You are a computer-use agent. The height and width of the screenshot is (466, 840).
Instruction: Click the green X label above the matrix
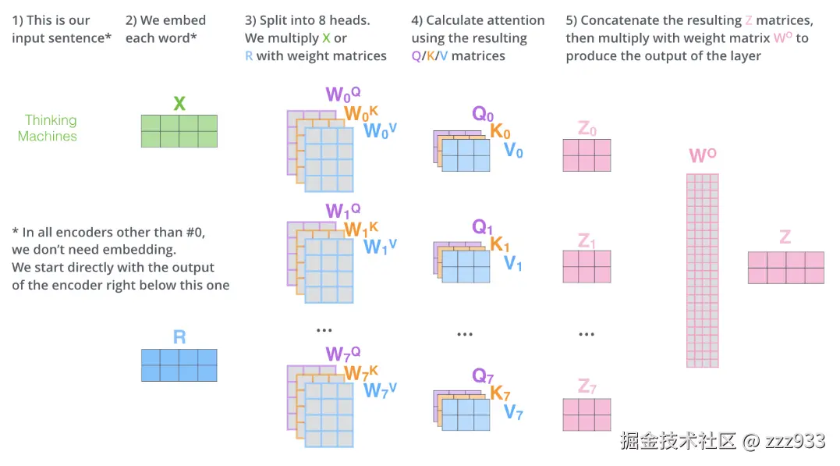point(179,103)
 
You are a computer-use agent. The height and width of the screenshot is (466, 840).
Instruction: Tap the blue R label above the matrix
point(179,337)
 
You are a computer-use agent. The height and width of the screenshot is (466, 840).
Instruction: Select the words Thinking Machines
point(48,128)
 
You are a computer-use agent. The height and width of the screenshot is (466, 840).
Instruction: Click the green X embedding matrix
point(179,131)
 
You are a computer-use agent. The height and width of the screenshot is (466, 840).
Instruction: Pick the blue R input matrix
point(179,365)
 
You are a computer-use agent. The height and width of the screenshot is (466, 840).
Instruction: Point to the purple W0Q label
point(343,95)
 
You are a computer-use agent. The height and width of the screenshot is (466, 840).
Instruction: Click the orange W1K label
point(361,229)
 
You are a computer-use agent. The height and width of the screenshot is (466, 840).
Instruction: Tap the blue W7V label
point(381,390)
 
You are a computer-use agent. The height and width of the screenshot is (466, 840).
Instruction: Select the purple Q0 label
point(483,114)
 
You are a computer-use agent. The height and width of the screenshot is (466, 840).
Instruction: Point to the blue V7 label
point(513,412)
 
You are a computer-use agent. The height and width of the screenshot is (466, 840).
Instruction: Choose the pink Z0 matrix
point(587,155)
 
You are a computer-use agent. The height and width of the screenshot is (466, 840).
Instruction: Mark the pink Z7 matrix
point(587,414)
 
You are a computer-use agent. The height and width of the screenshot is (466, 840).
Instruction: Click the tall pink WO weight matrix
point(702,270)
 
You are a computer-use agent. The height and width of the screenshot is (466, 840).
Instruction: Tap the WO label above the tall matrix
point(703,155)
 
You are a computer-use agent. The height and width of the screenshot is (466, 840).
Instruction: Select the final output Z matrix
point(785,267)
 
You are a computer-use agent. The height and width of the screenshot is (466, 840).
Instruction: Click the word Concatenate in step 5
point(620,20)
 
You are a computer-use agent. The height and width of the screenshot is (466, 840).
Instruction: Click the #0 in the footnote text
point(194,232)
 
